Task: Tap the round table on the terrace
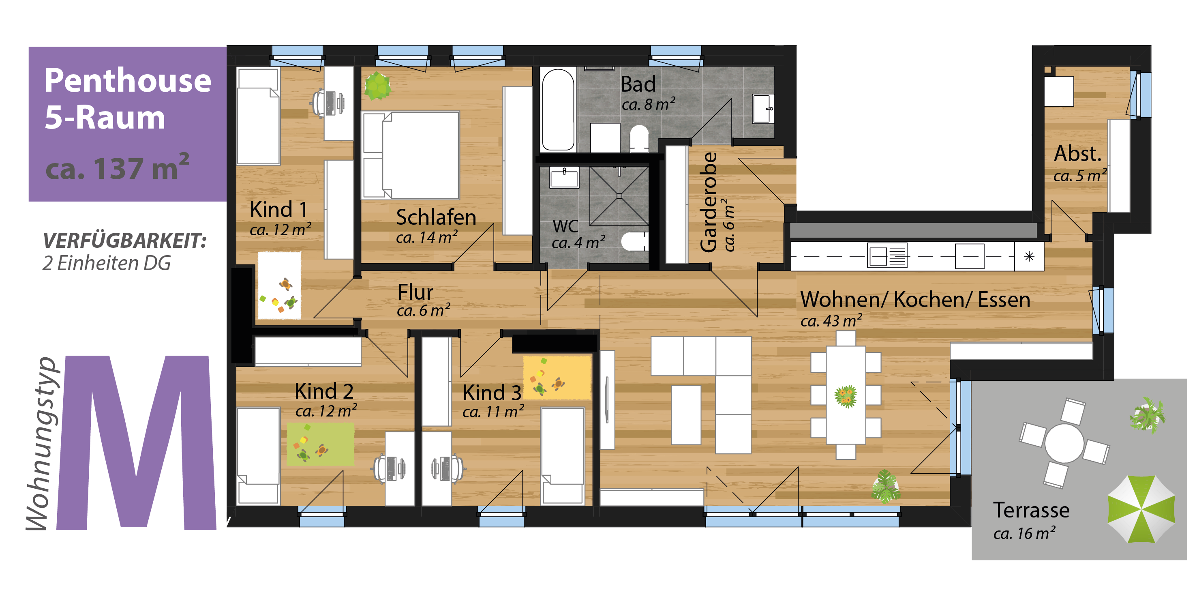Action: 1064,443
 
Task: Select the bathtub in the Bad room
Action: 558,110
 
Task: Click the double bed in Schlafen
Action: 411,155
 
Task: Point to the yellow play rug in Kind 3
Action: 557,377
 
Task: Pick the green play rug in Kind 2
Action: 320,444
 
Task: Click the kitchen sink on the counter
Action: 887,256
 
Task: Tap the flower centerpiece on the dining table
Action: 846,396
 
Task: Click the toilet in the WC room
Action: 634,241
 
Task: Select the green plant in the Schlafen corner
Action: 377,86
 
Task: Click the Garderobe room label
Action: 709,202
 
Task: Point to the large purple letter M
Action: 137,443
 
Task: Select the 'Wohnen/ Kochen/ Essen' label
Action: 915,300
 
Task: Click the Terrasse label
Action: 1031,510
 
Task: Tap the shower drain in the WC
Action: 619,196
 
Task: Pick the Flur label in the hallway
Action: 415,292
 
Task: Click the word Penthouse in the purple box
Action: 128,80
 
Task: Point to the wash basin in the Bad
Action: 763,109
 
